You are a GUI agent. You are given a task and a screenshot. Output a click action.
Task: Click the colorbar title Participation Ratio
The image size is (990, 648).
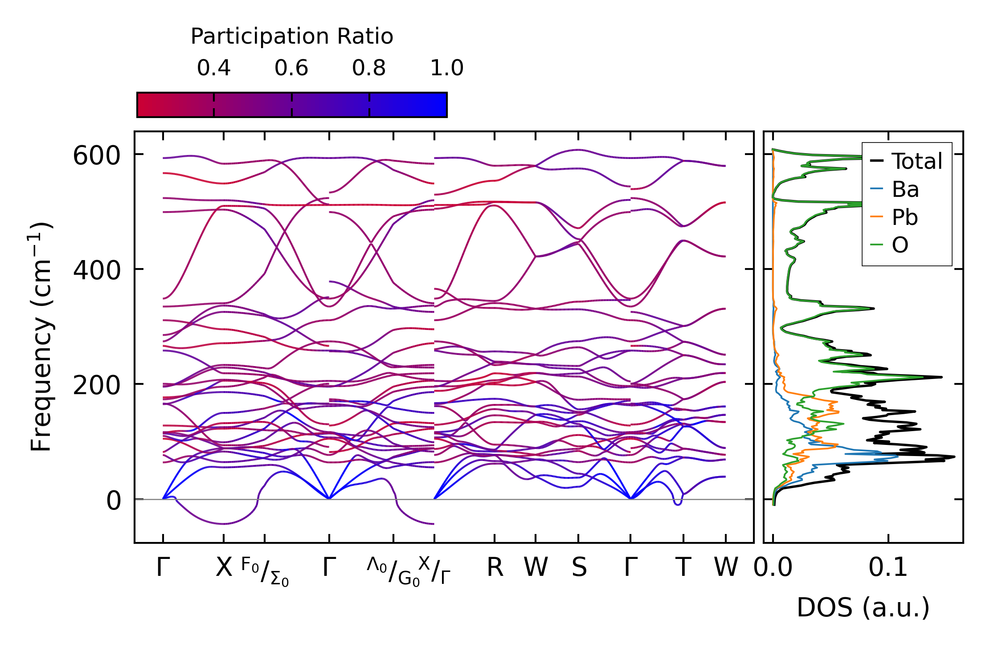pyautogui.click(x=292, y=37)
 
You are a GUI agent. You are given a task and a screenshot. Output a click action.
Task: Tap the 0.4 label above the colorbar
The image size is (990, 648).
pyautogui.click(x=214, y=68)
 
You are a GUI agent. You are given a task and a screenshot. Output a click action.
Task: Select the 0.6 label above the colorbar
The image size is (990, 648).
pyautogui.click(x=291, y=68)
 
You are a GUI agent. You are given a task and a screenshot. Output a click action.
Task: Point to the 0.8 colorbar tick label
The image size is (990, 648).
pyautogui.click(x=369, y=68)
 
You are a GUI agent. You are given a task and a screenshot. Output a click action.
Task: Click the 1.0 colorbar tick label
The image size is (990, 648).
pyautogui.click(x=447, y=68)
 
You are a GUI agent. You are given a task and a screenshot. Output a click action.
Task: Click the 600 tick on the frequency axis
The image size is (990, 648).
pyautogui.click(x=97, y=156)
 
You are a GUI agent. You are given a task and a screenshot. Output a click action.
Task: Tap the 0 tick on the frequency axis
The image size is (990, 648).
pyautogui.click(x=114, y=501)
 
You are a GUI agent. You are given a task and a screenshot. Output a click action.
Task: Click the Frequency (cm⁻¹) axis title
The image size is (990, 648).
pyautogui.click(x=41, y=337)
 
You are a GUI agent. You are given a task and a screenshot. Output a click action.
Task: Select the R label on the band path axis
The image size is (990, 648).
pyautogui.click(x=495, y=568)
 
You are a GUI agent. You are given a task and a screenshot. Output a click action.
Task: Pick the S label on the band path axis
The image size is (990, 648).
pyautogui.click(x=579, y=568)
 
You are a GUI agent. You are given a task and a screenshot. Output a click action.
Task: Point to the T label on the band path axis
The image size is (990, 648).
pyautogui.click(x=683, y=568)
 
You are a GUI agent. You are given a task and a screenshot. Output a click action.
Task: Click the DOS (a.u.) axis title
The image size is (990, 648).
pyautogui.click(x=863, y=608)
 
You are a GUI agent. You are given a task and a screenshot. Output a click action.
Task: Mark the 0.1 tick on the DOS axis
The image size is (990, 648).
pyautogui.click(x=888, y=568)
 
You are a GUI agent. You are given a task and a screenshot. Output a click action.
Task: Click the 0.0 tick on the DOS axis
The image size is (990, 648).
pyautogui.click(x=773, y=568)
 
